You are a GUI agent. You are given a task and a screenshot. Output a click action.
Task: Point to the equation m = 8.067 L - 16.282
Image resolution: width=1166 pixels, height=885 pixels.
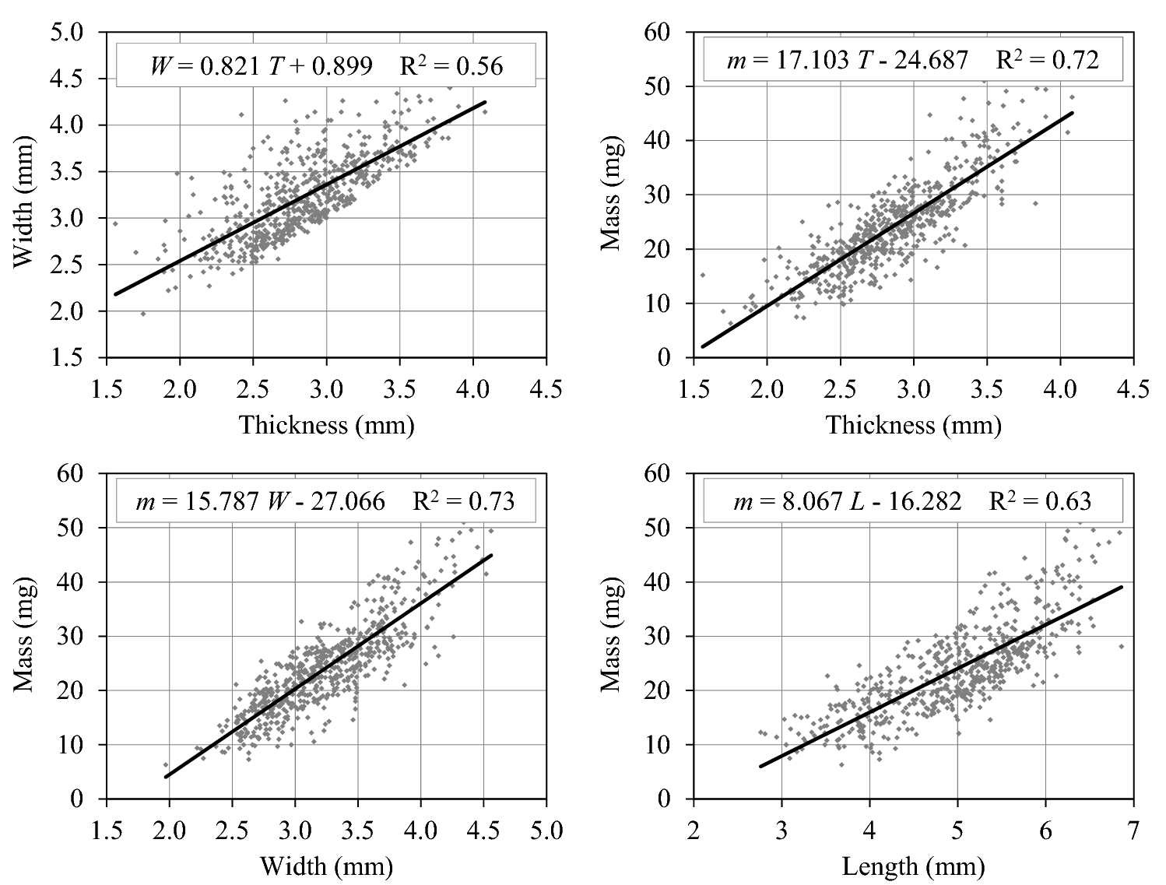click(847, 501)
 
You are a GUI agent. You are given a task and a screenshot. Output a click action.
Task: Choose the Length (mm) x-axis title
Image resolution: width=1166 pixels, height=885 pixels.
click(912, 866)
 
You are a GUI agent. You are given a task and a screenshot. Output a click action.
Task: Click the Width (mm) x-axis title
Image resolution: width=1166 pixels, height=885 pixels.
click(326, 866)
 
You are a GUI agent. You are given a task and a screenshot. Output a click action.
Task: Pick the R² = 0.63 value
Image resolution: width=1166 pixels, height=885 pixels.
click(1040, 500)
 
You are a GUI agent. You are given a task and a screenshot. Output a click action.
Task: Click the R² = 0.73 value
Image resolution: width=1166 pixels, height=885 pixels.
click(463, 500)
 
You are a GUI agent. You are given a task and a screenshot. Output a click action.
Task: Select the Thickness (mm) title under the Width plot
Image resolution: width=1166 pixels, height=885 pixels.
click(326, 425)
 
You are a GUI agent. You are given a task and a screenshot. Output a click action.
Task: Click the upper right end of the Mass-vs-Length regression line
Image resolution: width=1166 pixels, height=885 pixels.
click(1122, 587)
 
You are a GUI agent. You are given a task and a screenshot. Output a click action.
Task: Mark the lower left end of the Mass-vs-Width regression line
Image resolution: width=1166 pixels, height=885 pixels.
click(166, 777)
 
